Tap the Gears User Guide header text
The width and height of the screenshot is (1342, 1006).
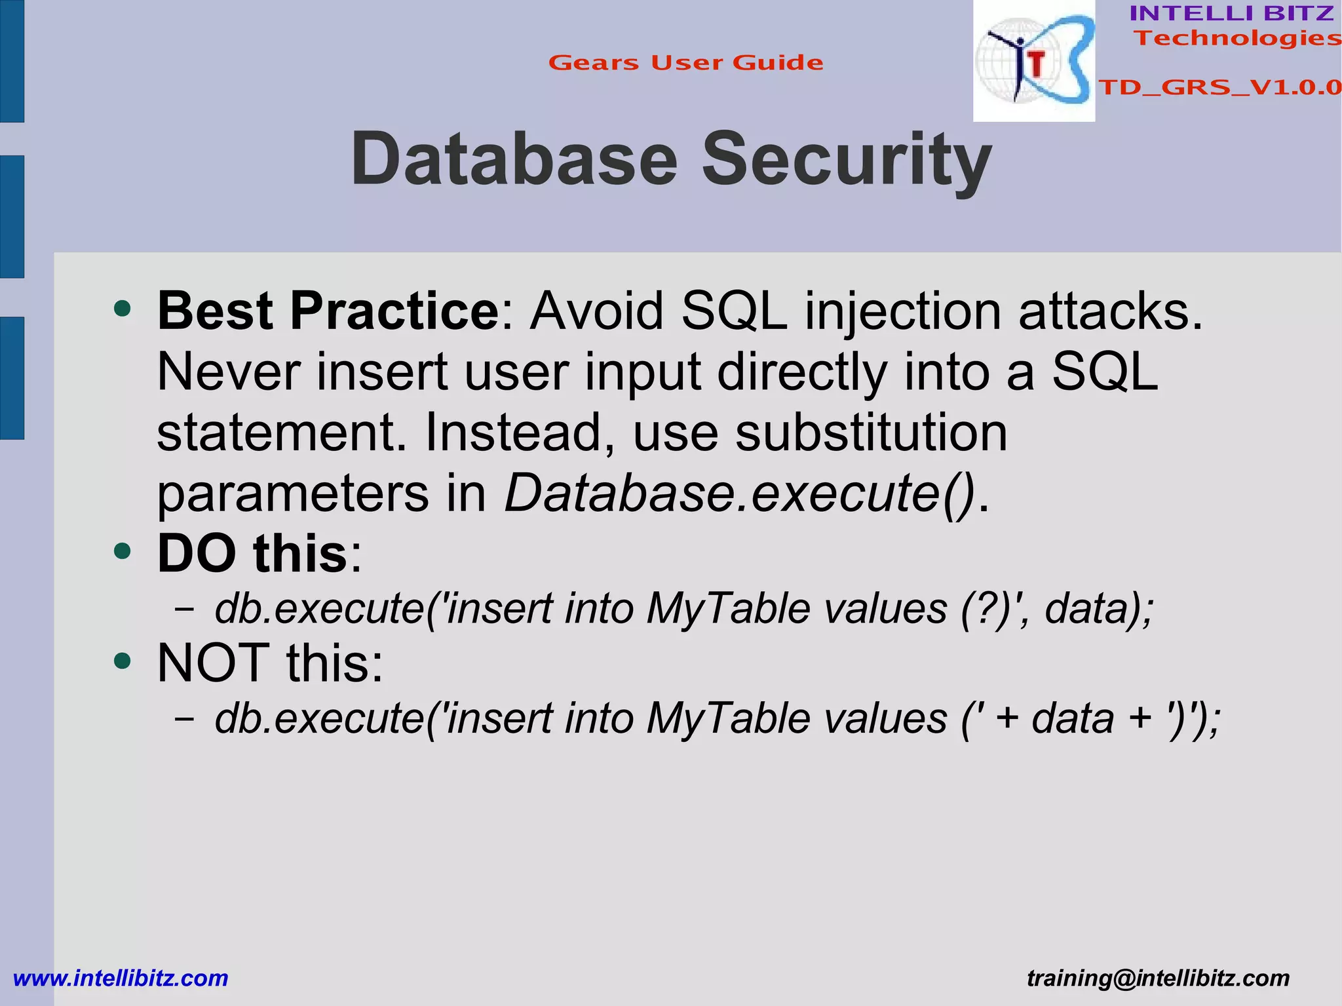pos(685,63)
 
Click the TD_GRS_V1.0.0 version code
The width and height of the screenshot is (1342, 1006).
pos(1219,87)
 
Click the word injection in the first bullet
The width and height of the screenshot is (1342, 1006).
pos(903,311)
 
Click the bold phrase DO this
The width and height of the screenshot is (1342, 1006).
pos(252,554)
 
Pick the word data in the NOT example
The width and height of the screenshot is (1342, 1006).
pos(1073,718)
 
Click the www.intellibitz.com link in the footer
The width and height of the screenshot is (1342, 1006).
pos(121,978)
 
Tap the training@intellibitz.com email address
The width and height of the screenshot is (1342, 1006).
pos(1158,978)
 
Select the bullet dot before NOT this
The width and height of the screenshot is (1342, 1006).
pos(122,661)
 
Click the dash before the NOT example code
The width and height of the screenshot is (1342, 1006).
pos(184,719)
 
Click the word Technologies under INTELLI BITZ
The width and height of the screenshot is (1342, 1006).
pos(1237,38)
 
